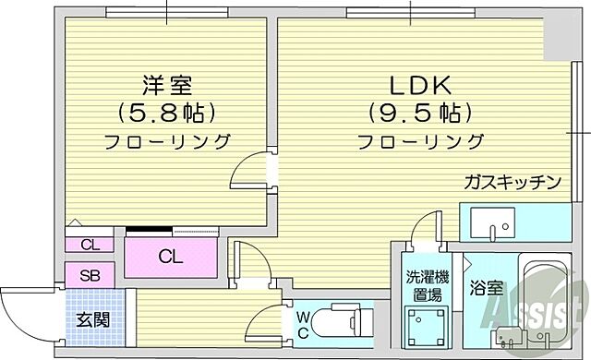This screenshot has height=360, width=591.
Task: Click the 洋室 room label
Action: pyautogui.click(x=167, y=85)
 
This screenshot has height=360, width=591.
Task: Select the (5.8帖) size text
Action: pyautogui.click(x=167, y=114)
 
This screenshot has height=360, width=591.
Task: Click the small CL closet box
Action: pyautogui.click(x=90, y=245)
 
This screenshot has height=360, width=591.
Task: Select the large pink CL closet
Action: pyautogui.click(x=171, y=255)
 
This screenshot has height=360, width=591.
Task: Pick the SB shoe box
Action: pyautogui.click(x=90, y=275)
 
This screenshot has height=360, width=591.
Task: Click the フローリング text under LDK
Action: pyautogui.click(x=420, y=142)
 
